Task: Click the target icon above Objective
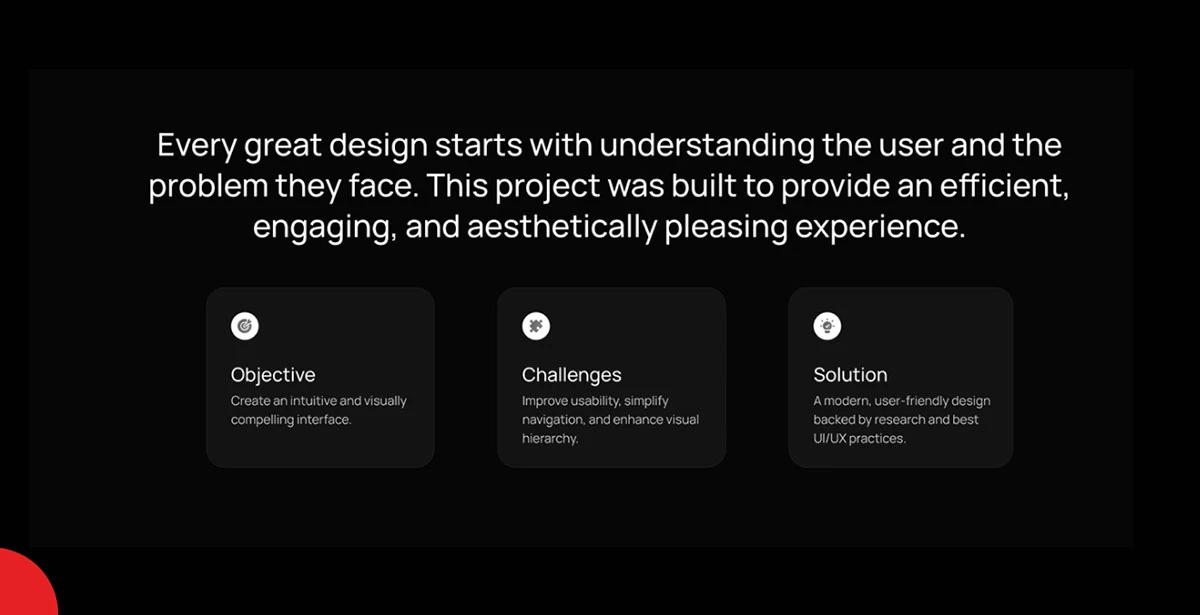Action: [245, 326]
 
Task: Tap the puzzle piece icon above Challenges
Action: [536, 326]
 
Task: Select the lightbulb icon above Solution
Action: [827, 326]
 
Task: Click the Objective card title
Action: [273, 375]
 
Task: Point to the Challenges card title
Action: [572, 375]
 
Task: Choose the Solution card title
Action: [850, 375]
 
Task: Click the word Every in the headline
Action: [197, 146]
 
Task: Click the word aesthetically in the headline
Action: [562, 227]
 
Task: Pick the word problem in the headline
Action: [208, 186]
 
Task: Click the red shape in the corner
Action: [26, 584]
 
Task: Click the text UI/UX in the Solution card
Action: [829, 438]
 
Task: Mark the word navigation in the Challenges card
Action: [553, 420]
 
